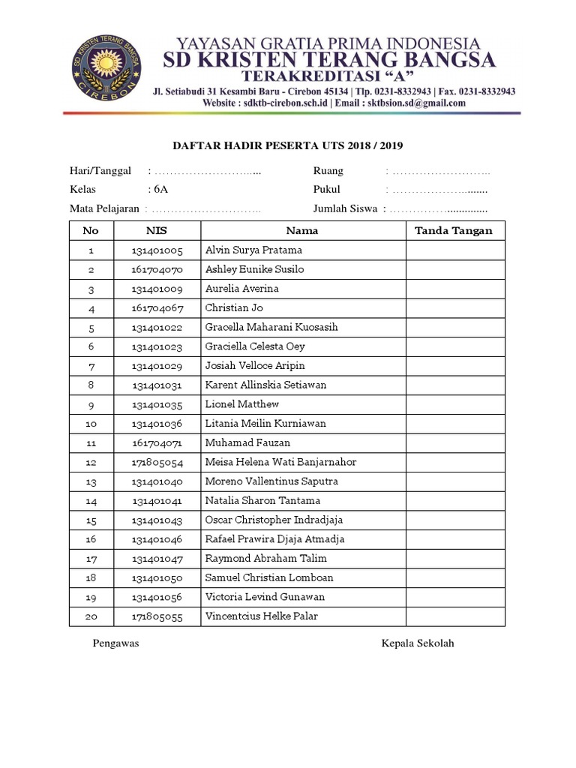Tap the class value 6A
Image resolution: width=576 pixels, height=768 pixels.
click(160, 190)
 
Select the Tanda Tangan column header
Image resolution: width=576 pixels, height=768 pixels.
click(454, 231)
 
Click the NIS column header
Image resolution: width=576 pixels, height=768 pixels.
click(157, 231)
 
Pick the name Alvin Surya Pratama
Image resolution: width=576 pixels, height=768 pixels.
click(253, 250)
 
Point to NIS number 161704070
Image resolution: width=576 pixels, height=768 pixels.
click(157, 269)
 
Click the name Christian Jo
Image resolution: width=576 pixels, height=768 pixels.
click(234, 308)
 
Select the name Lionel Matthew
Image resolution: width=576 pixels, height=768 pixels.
click(241, 404)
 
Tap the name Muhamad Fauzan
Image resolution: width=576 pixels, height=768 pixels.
click(247, 443)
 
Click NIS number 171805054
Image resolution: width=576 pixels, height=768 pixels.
click(157, 463)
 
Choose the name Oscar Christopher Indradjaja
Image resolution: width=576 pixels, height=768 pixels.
click(272, 520)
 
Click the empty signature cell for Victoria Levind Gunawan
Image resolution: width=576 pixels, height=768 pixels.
click(455, 597)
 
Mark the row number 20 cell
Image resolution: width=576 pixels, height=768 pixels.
click(91, 616)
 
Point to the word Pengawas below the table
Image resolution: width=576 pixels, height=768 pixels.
click(115, 643)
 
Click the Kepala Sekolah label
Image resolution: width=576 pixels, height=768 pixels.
click(418, 643)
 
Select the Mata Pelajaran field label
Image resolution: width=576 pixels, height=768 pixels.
click(105, 209)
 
